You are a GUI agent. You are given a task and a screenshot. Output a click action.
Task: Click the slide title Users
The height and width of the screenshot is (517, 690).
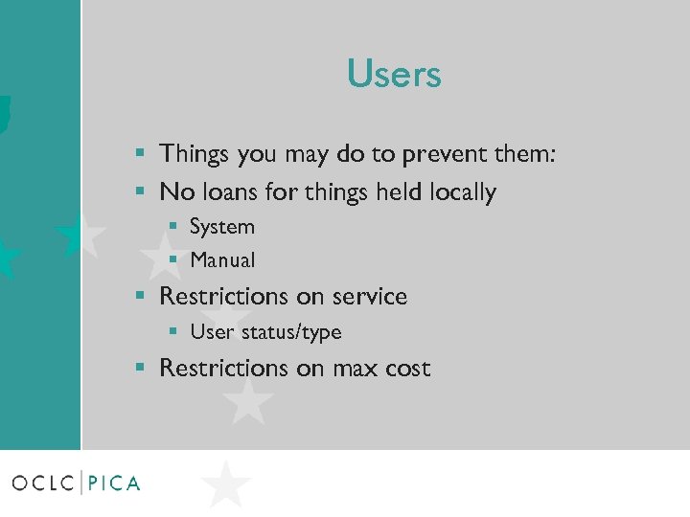tap(394, 75)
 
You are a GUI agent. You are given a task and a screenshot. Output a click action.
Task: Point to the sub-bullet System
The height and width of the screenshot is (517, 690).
tap(222, 227)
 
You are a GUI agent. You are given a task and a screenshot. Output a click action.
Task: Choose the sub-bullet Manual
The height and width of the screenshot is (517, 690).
tap(222, 259)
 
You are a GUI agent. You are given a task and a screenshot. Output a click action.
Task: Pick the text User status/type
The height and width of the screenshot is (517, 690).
tap(265, 332)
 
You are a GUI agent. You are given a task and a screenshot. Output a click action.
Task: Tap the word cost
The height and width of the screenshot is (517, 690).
tap(407, 369)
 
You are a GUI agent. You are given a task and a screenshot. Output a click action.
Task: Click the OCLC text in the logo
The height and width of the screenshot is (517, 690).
tap(43, 483)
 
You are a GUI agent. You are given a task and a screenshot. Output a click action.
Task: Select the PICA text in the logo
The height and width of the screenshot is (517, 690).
tap(114, 483)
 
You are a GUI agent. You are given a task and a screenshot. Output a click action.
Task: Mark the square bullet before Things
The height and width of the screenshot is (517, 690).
tap(140, 153)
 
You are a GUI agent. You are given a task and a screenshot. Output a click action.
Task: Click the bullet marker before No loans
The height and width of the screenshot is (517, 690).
tap(140, 191)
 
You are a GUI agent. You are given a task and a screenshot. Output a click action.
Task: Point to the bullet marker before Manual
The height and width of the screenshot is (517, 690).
tap(173, 259)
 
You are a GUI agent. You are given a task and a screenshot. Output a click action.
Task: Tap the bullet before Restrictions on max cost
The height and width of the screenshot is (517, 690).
tap(140, 368)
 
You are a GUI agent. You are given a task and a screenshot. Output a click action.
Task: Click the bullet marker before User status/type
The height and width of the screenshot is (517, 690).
tap(173, 332)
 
